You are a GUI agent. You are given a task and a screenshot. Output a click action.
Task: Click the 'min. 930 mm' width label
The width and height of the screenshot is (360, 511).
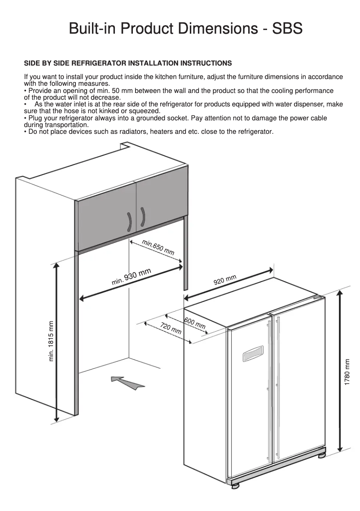coord(131,277)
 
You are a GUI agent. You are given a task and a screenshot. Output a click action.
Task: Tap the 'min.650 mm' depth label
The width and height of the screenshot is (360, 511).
coord(158,247)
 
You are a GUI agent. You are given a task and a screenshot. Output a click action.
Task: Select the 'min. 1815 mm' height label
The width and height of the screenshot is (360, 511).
coord(51,341)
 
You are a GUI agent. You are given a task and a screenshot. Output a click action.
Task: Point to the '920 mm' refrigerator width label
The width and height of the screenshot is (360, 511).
coord(225,280)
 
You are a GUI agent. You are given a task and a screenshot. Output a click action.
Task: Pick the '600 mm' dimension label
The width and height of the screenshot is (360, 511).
coord(194,323)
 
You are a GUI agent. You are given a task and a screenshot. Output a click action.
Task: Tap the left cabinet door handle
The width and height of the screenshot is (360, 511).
coord(129,221)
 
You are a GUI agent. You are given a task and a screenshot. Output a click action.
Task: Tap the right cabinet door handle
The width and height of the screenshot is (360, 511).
coord(143,217)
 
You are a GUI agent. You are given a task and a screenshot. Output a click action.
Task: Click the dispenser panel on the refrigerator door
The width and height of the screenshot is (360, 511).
coord(253,354)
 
